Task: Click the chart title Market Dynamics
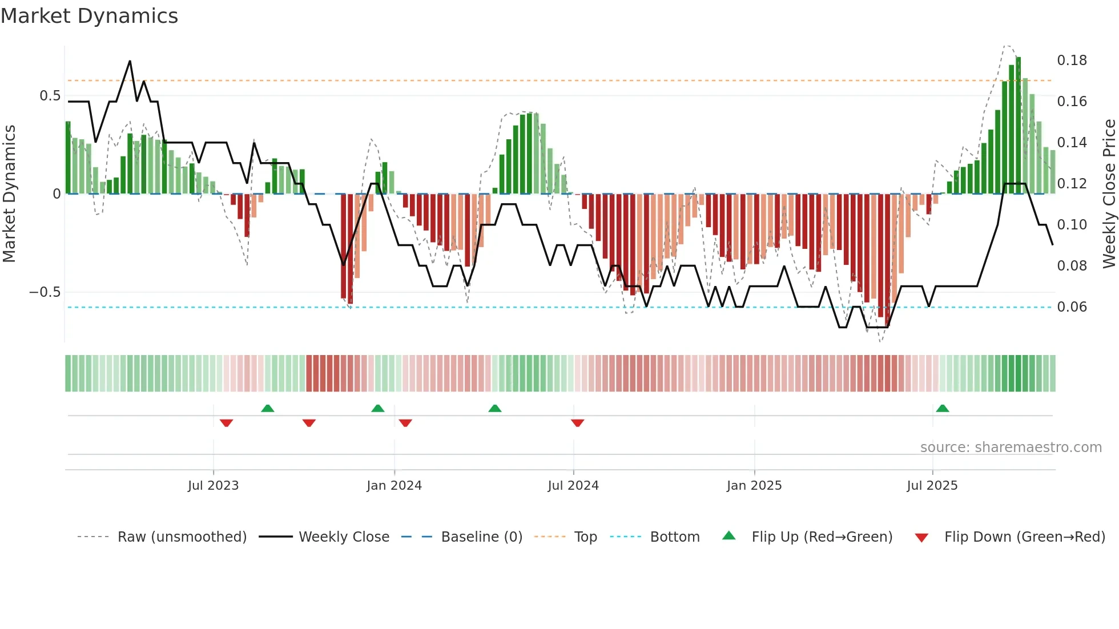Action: (x=90, y=16)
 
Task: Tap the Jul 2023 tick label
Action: (x=213, y=485)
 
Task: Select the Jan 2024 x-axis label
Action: (x=394, y=485)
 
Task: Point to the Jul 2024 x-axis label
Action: (x=573, y=485)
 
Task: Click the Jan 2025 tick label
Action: (x=754, y=485)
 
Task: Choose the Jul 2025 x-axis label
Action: (x=932, y=485)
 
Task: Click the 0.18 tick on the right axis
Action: (x=1072, y=61)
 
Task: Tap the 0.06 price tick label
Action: (x=1072, y=307)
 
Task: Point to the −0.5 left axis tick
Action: (x=45, y=292)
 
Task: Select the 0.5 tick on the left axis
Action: (x=50, y=96)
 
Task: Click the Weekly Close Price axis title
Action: (x=1109, y=194)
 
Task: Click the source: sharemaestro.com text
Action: (x=1011, y=447)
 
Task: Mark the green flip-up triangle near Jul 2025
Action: (x=943, y=408)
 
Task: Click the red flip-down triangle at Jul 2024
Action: (x=577, y=423)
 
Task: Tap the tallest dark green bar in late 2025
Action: (x=1019, y=126)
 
